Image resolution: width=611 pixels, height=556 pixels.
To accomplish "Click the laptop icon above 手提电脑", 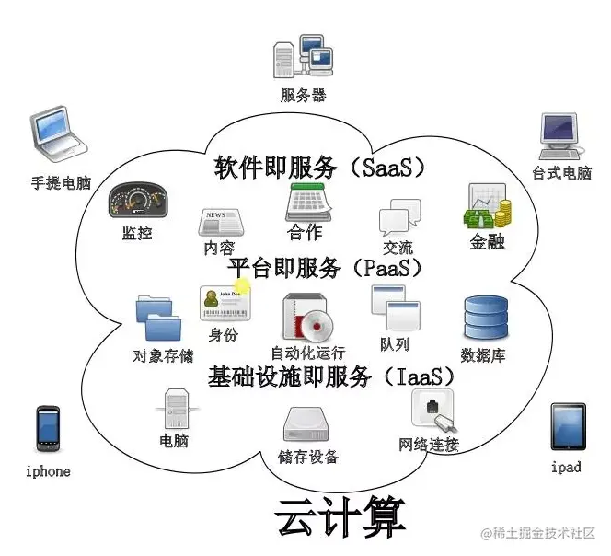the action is [x=59, y=133].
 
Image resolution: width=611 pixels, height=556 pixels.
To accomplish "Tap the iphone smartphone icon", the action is [x=49, y=428].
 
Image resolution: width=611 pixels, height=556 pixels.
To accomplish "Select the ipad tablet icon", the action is [x=568, y=426].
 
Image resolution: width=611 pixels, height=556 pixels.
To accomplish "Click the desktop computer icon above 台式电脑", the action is [x=560, y=136].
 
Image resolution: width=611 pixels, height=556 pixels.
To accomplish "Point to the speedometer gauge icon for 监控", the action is [x=138, y=200].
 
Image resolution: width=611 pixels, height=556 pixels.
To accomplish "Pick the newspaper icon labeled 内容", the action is [x=221, y=222].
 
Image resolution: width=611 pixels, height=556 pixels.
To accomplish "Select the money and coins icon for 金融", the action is [x=488, y=206].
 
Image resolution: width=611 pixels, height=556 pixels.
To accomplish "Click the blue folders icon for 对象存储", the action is [x=159, y=319].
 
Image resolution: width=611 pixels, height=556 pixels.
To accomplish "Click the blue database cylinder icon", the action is [x=486, y=318].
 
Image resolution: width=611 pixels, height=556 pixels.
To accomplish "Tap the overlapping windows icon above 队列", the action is [x=396, y=307].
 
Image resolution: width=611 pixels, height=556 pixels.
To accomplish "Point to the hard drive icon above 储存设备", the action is [x=306, y=424].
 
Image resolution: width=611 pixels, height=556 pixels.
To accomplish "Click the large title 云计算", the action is [x=340, y=517].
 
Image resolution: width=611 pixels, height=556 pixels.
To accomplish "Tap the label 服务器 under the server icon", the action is [x=303, y=95].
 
